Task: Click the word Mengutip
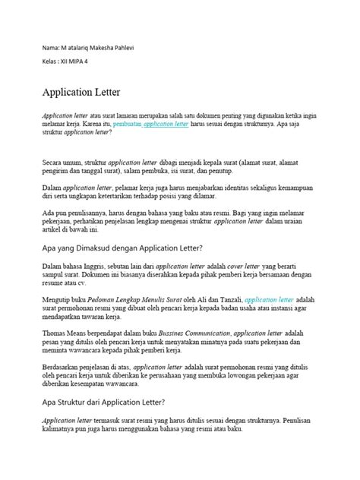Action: [55, 299]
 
